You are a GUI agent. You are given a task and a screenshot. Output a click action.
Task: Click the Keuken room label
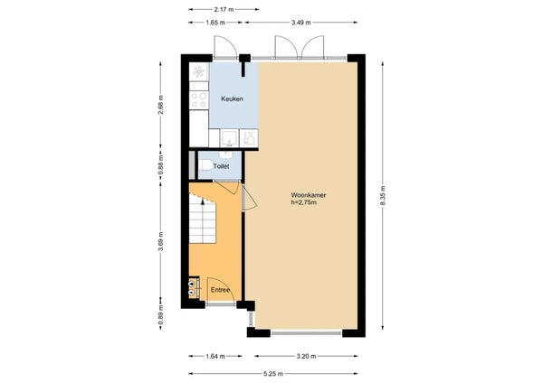pos(232,98)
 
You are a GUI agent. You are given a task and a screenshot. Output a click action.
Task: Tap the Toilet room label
pos(221,166)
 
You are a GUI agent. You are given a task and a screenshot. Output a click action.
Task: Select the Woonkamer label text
pos(309,195)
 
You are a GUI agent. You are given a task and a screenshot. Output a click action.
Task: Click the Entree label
pos(221,290)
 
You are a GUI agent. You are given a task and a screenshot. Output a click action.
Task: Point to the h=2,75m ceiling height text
pos(303,202)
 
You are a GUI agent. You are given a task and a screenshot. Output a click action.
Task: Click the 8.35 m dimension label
pos(383,196)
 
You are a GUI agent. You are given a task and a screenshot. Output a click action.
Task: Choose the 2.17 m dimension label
pos(224,9)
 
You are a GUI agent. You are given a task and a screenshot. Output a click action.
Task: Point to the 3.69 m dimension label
pos(160,241)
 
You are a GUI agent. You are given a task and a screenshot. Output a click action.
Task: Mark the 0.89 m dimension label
pos(160,315)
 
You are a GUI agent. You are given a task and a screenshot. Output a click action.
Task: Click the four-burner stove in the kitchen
pos(199,100)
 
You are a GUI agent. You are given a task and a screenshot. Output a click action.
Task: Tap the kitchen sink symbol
pos(229,137)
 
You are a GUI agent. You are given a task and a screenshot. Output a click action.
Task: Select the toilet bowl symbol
pos(206,165)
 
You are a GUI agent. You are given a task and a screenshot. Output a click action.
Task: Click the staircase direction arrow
pos(203,202)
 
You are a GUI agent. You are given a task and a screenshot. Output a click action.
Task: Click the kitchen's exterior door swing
pos(225,47)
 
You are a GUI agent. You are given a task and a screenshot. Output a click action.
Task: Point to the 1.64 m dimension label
pos(215,356)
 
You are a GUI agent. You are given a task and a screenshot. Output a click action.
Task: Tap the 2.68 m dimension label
pos(160,105)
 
